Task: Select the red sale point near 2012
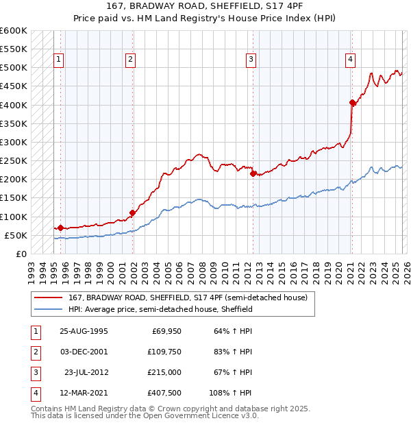[x=253, y=174]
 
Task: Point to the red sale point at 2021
[x=351, y=103]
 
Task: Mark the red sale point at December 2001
[x=132, y=213]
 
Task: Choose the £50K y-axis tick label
[x=16, y=235]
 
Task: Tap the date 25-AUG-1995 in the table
[x=84, y=332]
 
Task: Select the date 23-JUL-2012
[x=86, y=372]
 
